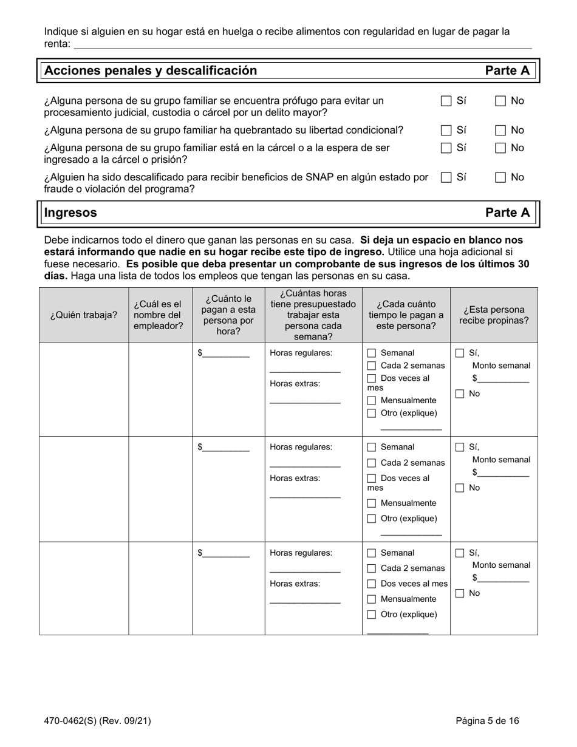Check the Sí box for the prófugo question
[446, 101]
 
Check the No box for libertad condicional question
[500, 130]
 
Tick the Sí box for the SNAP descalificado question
[446, 177]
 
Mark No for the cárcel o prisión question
[500, 148]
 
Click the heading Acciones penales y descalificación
[151, 70]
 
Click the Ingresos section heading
[70, 213]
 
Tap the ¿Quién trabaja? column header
[84, 315]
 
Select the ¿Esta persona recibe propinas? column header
[494, 315]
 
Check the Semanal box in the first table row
[372, 353]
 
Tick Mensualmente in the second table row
[372, 503]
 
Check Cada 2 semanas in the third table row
[372, 568]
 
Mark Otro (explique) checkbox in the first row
[372, 414]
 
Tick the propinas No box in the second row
[460, 488]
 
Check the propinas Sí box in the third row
[460, 553]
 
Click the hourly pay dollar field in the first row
[226, 354]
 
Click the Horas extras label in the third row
[295, 584]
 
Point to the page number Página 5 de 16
[488, 721]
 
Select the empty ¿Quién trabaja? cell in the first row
[84, 389]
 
